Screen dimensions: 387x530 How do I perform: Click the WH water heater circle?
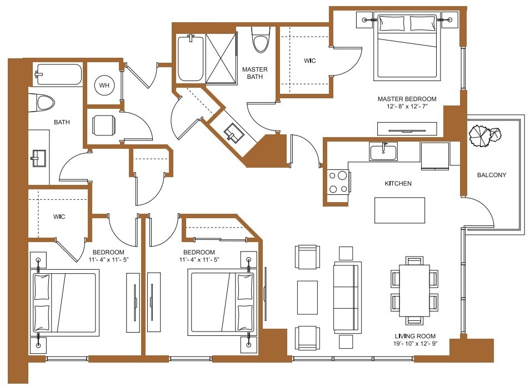click(104, 86)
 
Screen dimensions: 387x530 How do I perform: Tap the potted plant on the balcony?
click(484, 136)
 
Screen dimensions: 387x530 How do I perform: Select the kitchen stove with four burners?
click(338, 182)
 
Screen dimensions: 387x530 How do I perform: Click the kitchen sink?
click(383, 151)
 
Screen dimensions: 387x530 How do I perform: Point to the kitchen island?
click(399, 210)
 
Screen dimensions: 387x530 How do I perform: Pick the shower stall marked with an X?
click(221, 59)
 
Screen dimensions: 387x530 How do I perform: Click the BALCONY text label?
click(491, 175)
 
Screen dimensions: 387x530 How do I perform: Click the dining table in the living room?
click(414, 290)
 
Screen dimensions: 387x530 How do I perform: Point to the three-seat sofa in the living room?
click(347, 296)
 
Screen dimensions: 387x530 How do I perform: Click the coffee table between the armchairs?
click(307, 296)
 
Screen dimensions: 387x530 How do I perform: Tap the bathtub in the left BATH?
click(58, 74)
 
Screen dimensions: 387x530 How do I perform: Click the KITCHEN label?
click(398, 183)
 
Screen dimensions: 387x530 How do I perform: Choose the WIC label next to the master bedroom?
click(309, 61)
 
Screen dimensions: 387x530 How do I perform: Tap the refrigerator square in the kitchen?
click(434, 156)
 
